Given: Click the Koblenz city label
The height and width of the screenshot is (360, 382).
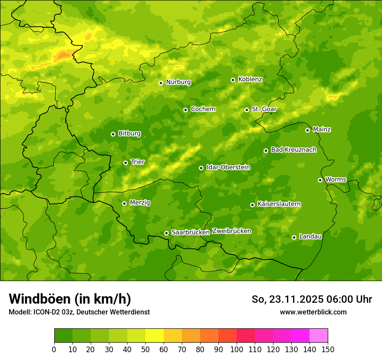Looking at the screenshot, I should (x=250, y=79).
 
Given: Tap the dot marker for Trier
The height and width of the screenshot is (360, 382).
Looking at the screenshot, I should (x=125, y=163).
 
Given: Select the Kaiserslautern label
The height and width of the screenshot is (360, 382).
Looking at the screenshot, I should (x=279, y=204).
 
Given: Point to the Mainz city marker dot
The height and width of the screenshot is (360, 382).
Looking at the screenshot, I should (x=307, y=130).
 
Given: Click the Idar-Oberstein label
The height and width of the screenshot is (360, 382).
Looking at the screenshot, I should (x=228, y=167).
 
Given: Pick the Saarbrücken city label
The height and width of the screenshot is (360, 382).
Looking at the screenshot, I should (x=191, y=232).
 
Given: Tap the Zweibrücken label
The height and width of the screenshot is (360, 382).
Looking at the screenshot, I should (x=231, y=231).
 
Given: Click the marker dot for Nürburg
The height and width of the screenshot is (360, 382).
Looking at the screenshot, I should (x=161, y=83).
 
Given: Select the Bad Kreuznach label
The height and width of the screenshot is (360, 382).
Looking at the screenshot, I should (x=293, y=150).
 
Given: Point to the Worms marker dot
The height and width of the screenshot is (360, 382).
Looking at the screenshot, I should (x=320, y=180).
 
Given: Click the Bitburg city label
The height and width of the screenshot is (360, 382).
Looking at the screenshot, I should (x=129, y=134).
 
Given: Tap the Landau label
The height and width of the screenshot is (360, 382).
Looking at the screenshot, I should (x=310, y=236).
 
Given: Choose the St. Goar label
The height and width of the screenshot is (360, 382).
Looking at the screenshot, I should (x=264, y=109).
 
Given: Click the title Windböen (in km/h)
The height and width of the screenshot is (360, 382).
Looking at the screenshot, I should (x=70, y=299).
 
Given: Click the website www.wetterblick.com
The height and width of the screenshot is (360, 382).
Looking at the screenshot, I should (x=313, y=312).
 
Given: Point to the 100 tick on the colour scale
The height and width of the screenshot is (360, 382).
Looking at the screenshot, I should (x=237, y=349).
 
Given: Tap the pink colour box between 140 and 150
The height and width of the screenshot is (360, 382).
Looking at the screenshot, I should (x=319, y=335).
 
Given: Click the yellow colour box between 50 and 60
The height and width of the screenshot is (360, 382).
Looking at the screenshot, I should (x=155, y=335).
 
